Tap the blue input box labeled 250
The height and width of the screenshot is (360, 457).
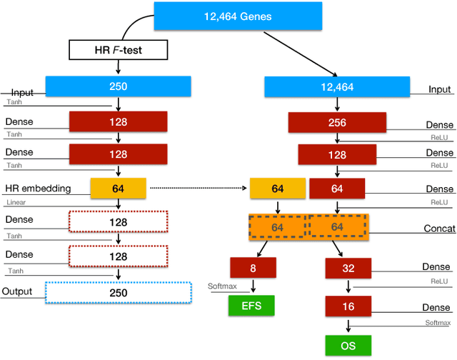pyautogui.click(x=118, y=86)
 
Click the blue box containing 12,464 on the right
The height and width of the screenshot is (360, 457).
pyautogui.click(x=336, y=86)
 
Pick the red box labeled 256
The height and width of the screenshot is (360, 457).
pyautogui.click(x=336, y=123)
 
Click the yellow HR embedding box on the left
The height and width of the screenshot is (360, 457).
pyautogui.click(x=118, y=189)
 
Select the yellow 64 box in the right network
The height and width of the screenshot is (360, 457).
pyautogui.click(x=277, y=189)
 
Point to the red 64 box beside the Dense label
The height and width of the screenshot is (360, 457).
pyautogui.click(x=336, y=189)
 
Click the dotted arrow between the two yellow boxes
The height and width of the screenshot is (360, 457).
pyautogui.click(x=197, y=189)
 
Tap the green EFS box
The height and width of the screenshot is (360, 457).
pyautogui.click(x=251, y=306)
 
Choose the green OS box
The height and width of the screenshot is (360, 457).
pyautogui.click(x=348, y=346)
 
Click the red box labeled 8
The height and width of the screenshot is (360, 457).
pyautogui.click(x=253, y=268)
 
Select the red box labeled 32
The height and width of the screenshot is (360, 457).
pyautogui.click(x=348, y=268)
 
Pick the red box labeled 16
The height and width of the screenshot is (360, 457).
pyautogui.click(x=348, y=306)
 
